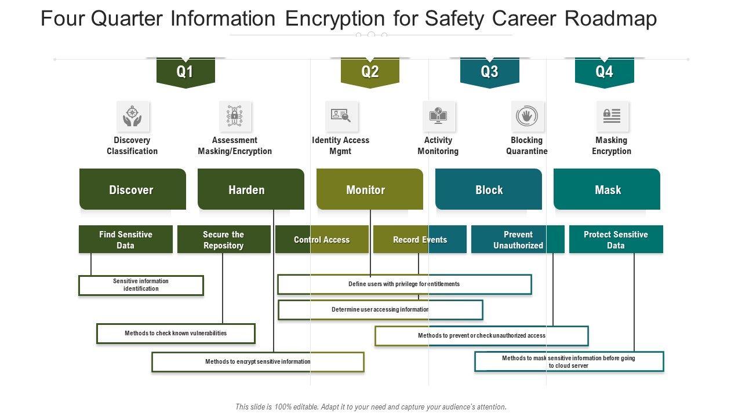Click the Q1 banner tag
pyautogui.click(x=185, y=72)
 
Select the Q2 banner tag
pyautogui.click(x=370, y=72)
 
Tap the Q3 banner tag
pyautogui.click(x=489, y=72)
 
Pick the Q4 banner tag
pyautogui.click(x=604, y=72)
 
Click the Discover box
pyautogui.click(x=132, y=189)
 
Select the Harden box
pyautogui.click(x=250, y=189)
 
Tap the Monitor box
pyautogui.click(x=369, y=189)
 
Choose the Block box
pyautogui.click(x=488, y=189)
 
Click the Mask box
pyautogui.click(x=607, y=189)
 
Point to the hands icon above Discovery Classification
pyautogui.click(x=132, y=116)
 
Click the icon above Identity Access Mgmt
pyautogui.click(x=341, y=116)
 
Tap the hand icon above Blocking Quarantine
pyautogui.click(x=527, y=116)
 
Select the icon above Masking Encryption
pyautogui.click(x=612, y=116)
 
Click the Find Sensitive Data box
pyautogui.click(x=125, y=240)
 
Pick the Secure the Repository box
pyautogui.click(x=224, y=240)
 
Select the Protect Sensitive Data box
pyautogui.click(x=616, y=240)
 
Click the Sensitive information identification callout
pyautogui.click(x=141, y=285)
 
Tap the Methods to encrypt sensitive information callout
pyautogui.click(x=257, y=362)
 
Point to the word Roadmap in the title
pyautogui.click(x=611, y=19)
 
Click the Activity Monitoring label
pyautogui.click(x=438, y=145)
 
